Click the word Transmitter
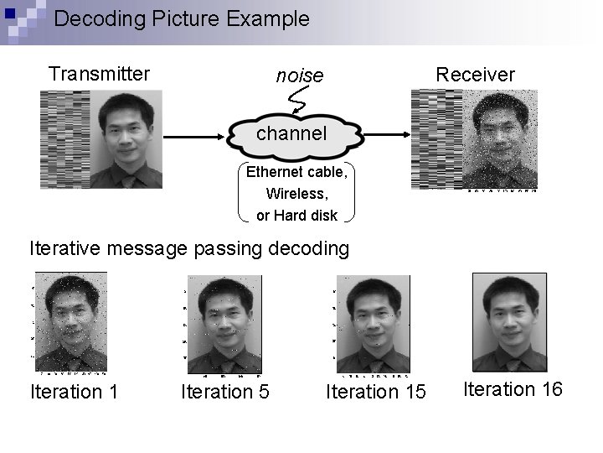99,74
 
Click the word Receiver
475,75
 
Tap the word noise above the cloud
300,76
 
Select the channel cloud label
292,133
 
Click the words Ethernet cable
295,173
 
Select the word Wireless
295,194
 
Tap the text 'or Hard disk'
296,215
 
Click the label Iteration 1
74,392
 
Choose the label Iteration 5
225,392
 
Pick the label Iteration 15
376,392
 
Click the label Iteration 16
513,389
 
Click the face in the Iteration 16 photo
512,307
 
